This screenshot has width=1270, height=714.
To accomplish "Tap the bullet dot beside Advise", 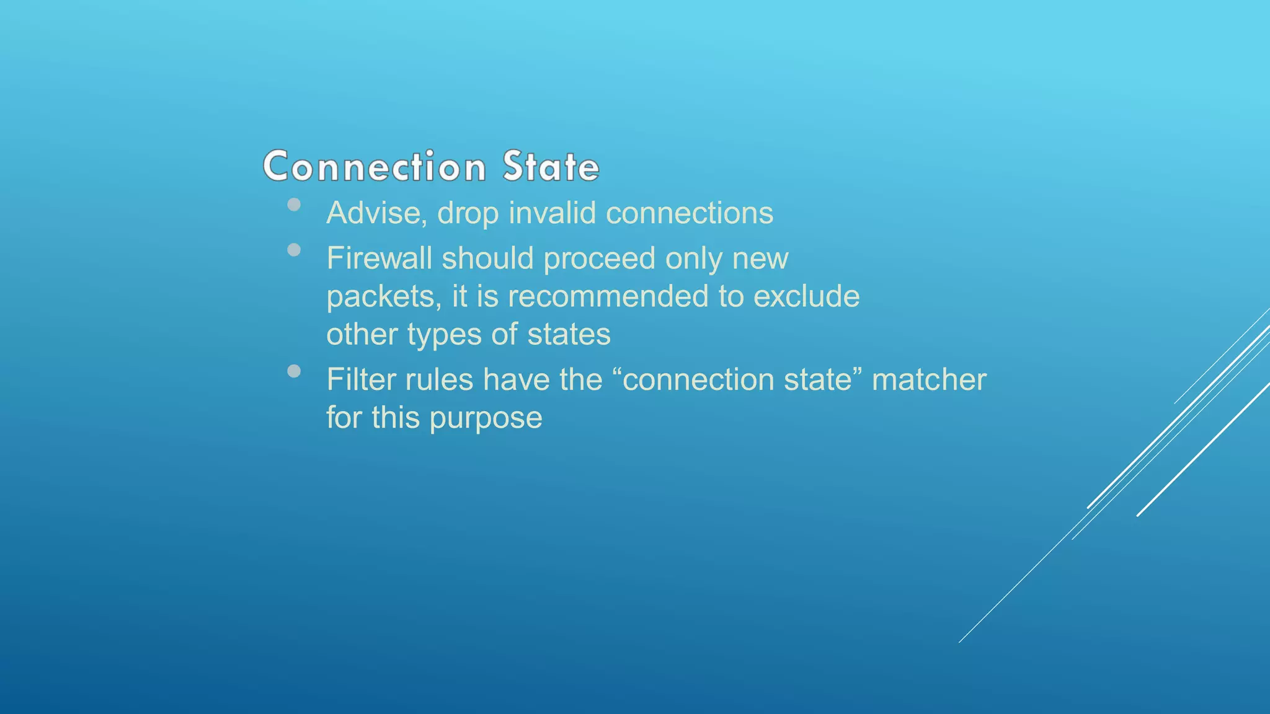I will click(295, 205).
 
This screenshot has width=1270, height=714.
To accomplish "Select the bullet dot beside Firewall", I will click(295, 250).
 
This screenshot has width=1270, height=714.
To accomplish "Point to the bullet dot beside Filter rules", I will click(295, 371).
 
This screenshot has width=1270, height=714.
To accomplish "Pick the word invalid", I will click(552, 213).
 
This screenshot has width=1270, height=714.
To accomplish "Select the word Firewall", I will click(379, 258).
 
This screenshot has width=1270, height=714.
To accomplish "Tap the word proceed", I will click(599, 258).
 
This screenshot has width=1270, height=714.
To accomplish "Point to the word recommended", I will click(608, 296).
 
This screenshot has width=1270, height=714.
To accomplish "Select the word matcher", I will click(928, 380).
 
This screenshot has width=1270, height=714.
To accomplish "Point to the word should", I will click(487, 258).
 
